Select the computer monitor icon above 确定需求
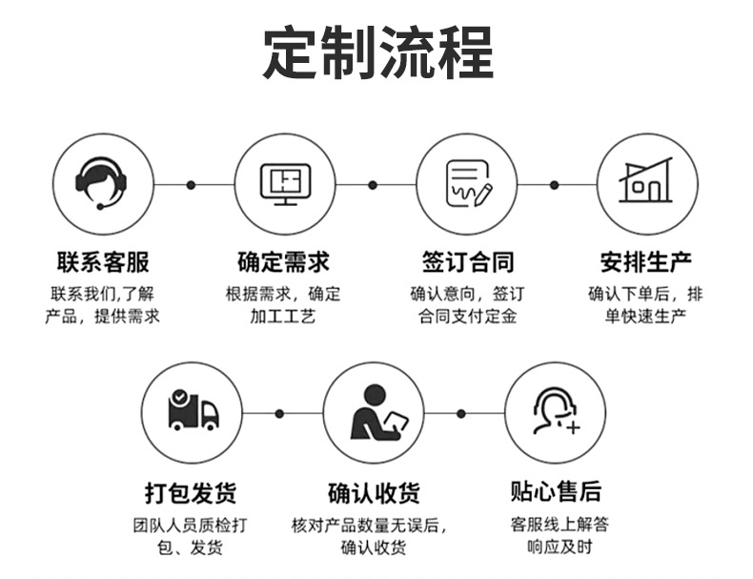(285, 184)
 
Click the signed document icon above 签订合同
(467, 184)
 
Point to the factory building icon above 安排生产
(646, 184)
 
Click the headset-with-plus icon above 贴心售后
(555, 412)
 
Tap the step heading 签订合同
(467, 260)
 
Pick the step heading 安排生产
(646, 260)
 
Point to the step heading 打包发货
(191, 493)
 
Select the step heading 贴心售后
(556, 491)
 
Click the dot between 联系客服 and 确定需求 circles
(191, 184)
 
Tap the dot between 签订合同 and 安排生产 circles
(555, 184)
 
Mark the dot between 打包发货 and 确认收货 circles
(279, 413)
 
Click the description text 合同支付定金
(467, 316)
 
